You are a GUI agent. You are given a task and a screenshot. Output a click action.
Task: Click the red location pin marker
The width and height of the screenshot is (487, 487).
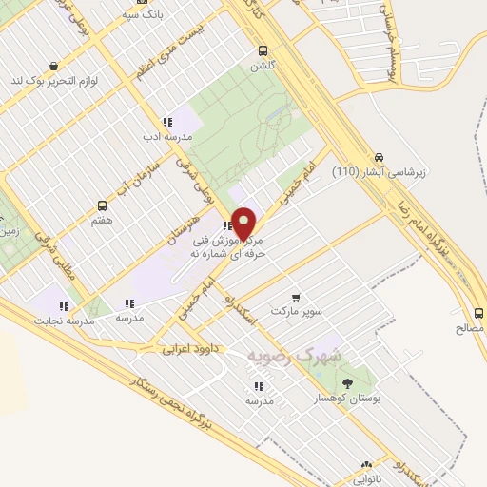point(243,223)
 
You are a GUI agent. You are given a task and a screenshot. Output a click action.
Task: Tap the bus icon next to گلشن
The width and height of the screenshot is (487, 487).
point(263,51)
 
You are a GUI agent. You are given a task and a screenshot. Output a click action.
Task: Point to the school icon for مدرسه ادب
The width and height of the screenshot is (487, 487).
point(167,122)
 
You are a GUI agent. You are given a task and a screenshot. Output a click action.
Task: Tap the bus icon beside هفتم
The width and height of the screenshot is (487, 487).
point(103,205)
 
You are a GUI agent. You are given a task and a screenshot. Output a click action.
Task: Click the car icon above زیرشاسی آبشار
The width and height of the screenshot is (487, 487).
point(380,157)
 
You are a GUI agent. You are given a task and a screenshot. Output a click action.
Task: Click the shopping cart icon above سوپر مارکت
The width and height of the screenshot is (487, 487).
point(296,296)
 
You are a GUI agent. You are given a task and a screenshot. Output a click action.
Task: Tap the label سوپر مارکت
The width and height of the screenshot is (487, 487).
point(296,311)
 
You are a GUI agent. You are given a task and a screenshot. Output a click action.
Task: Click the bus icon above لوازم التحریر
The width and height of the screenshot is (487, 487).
point(52,66)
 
